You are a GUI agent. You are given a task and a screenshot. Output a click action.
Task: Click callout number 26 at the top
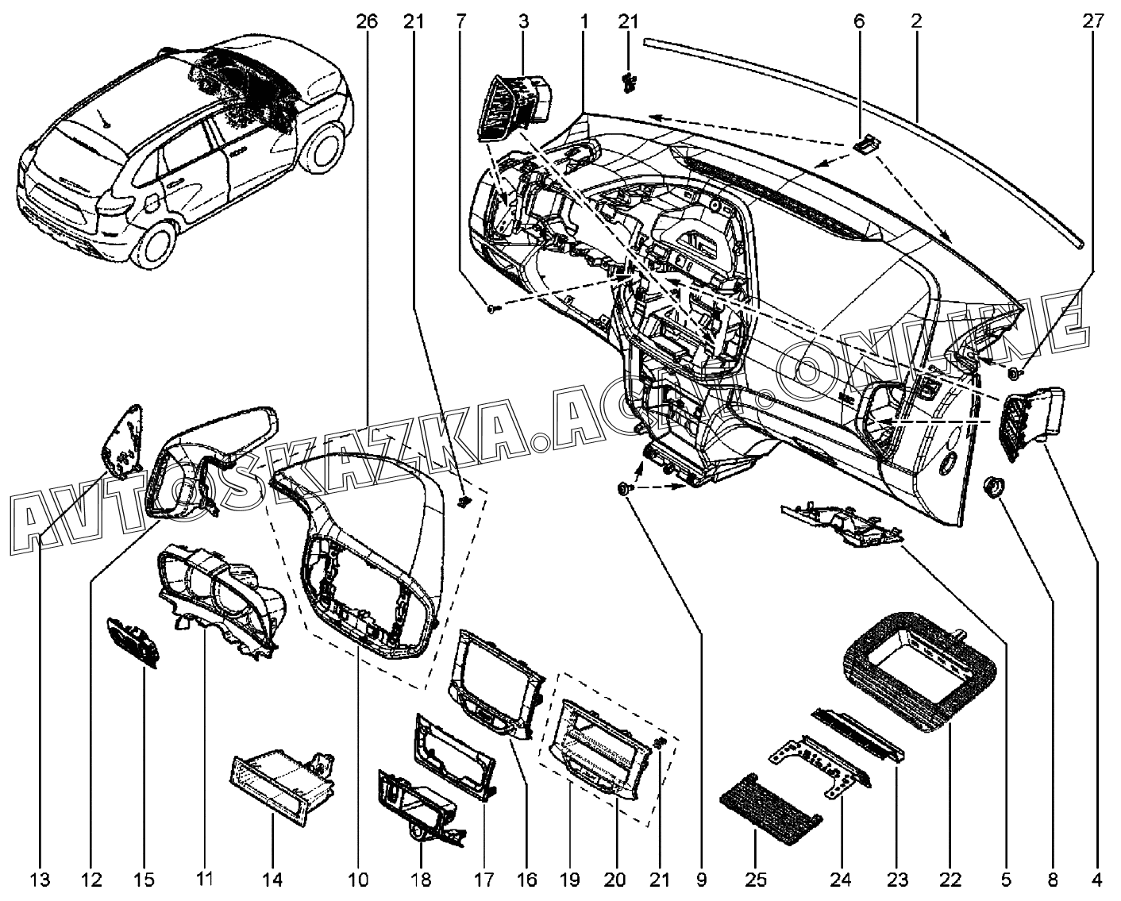368,21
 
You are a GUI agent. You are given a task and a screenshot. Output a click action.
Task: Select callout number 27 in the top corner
1093,21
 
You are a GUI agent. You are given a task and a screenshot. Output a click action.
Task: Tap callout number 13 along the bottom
40,880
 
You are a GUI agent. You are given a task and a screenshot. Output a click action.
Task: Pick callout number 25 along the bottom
756,880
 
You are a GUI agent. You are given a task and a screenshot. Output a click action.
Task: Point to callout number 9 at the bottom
701,880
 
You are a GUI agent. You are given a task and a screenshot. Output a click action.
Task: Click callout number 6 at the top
859,21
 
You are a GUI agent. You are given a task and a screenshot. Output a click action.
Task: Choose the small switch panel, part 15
133,641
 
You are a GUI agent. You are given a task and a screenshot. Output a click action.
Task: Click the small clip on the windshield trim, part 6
867,144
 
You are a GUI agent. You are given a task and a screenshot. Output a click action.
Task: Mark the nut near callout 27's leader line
1013,373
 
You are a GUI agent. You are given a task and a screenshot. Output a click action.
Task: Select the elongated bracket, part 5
843,526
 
